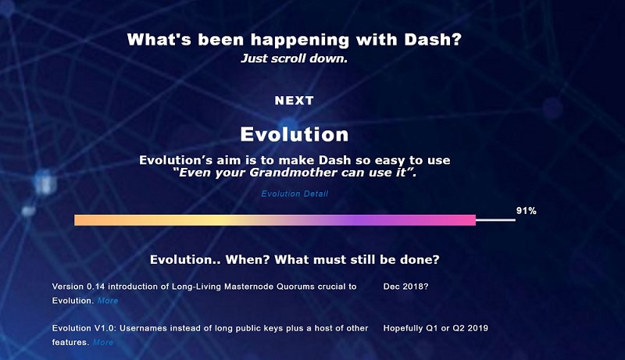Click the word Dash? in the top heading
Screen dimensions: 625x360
click(433, 40)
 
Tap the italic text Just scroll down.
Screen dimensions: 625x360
click(295, 59)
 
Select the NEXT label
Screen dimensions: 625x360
click(295, 101)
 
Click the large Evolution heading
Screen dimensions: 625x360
click(295, 134)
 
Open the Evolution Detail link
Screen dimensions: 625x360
click(295, 194)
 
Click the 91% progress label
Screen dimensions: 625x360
click(526, 211)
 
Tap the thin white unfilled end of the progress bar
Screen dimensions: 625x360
click(495, 219)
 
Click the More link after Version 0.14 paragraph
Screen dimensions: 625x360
click(108, 301)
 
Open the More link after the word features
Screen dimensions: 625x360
click(103, 343)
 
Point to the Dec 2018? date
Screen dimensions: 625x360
click(405, 287)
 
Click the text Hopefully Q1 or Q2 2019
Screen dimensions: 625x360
click(436, 328)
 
